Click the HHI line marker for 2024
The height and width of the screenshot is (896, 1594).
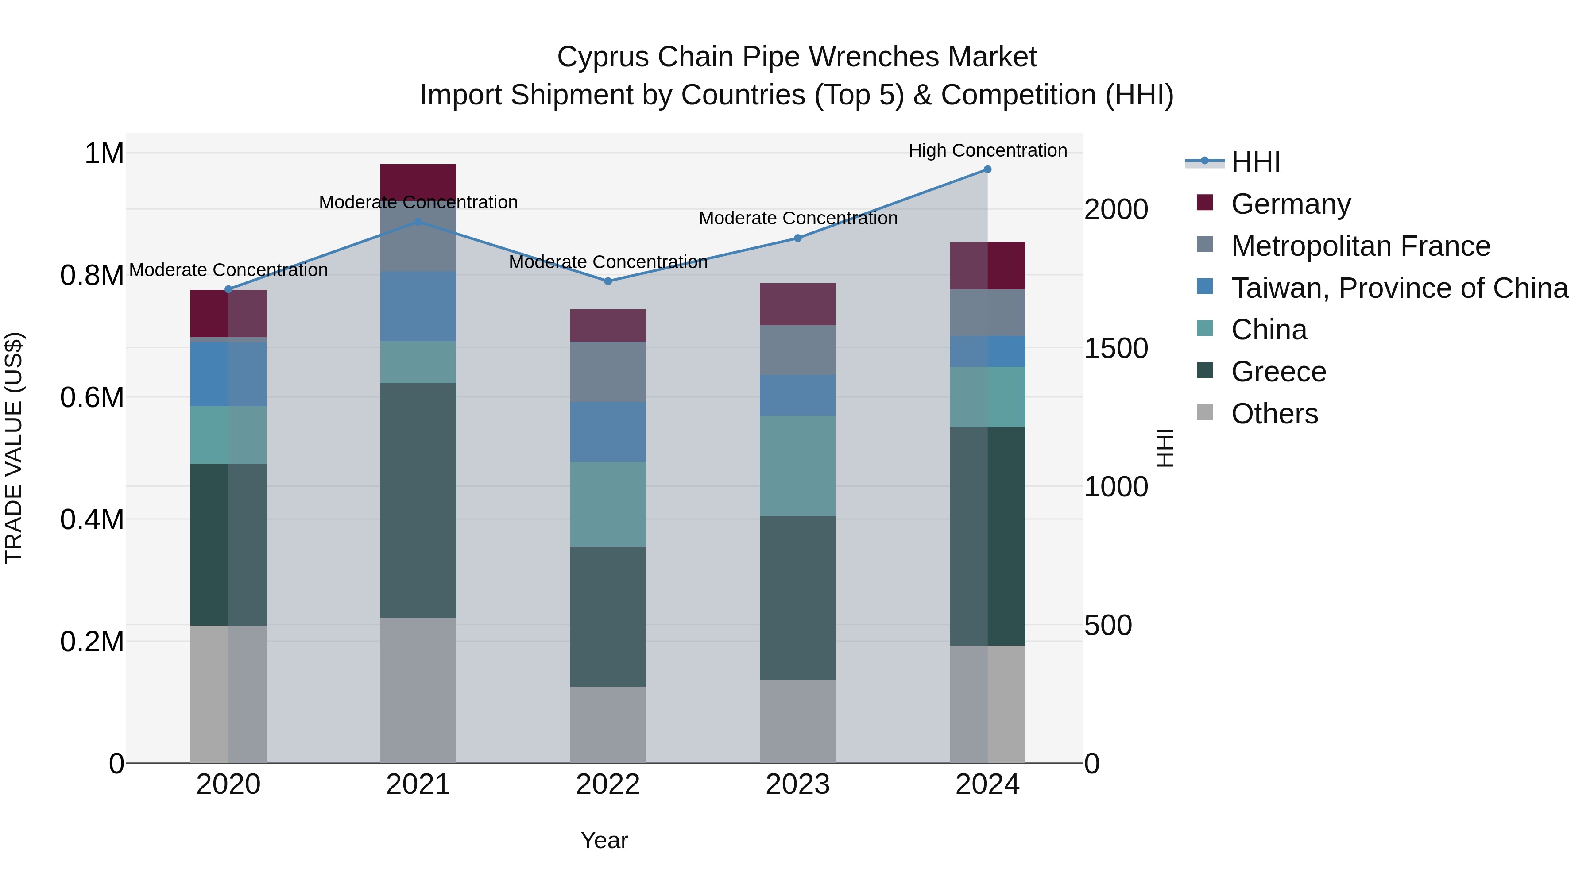987,169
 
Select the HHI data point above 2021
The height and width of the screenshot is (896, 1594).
418,221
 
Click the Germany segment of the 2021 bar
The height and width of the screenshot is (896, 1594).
418,181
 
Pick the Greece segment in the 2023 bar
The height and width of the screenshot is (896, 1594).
797,597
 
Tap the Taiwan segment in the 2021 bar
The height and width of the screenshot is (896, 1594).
418,306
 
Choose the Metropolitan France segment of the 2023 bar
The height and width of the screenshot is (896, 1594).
797,350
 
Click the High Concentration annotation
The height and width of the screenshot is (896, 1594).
987,150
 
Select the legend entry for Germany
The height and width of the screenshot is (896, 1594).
1291,204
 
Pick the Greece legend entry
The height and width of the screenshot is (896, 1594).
1278,372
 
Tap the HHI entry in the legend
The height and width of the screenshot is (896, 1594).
1256,162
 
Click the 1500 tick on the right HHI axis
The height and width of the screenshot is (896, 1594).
1116,348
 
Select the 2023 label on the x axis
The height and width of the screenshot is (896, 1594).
797,784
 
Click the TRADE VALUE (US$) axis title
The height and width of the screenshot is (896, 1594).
14,448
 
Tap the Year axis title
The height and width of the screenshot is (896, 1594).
604,840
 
